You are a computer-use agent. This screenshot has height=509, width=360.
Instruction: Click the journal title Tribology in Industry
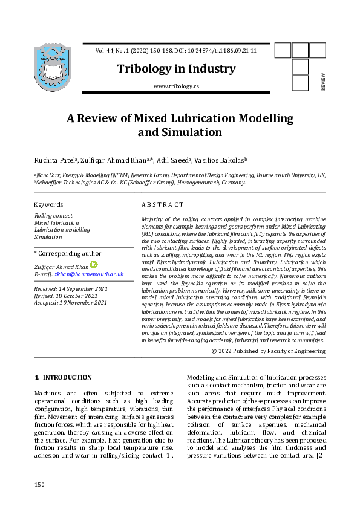coord(177,69)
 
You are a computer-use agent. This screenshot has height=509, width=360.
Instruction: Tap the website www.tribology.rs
coord(176,86)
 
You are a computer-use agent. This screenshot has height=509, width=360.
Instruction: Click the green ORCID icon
coord(94,265)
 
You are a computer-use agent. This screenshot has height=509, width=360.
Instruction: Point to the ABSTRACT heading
coord(162,205)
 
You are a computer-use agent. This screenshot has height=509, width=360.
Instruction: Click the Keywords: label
coord(49,205)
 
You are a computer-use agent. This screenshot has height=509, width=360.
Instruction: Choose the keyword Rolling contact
coord(53,216)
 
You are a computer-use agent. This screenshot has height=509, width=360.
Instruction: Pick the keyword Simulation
coord(48,237)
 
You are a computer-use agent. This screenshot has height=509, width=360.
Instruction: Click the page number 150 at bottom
coord(40,485)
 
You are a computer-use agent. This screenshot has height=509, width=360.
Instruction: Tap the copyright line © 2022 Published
coord(269,351)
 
